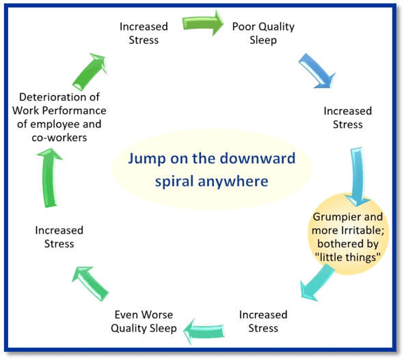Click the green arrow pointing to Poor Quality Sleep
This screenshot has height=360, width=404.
[203, 23]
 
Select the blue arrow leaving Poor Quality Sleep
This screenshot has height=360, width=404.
[317, 71]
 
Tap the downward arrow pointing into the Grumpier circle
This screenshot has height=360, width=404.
[358, 177]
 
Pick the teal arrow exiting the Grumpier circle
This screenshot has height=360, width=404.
[318, 283]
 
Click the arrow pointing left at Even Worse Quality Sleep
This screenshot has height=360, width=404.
[204, 331]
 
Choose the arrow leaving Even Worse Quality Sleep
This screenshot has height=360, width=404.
[90, 283]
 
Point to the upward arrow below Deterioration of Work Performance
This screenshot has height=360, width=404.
[49, 178]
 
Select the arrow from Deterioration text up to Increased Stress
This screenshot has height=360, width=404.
[90, 72]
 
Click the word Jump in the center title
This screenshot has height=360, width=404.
[147, 159]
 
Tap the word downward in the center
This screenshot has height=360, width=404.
[258, 158]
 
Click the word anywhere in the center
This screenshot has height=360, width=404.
[233, 181]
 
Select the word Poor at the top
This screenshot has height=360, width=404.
[244, 27]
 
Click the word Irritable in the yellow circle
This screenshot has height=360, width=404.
[362, 230]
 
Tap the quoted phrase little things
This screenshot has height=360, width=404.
[348, 257]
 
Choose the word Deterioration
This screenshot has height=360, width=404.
[49, 97]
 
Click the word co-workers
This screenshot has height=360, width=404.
[59, 137]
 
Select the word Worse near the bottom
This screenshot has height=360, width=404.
[157, 315]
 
